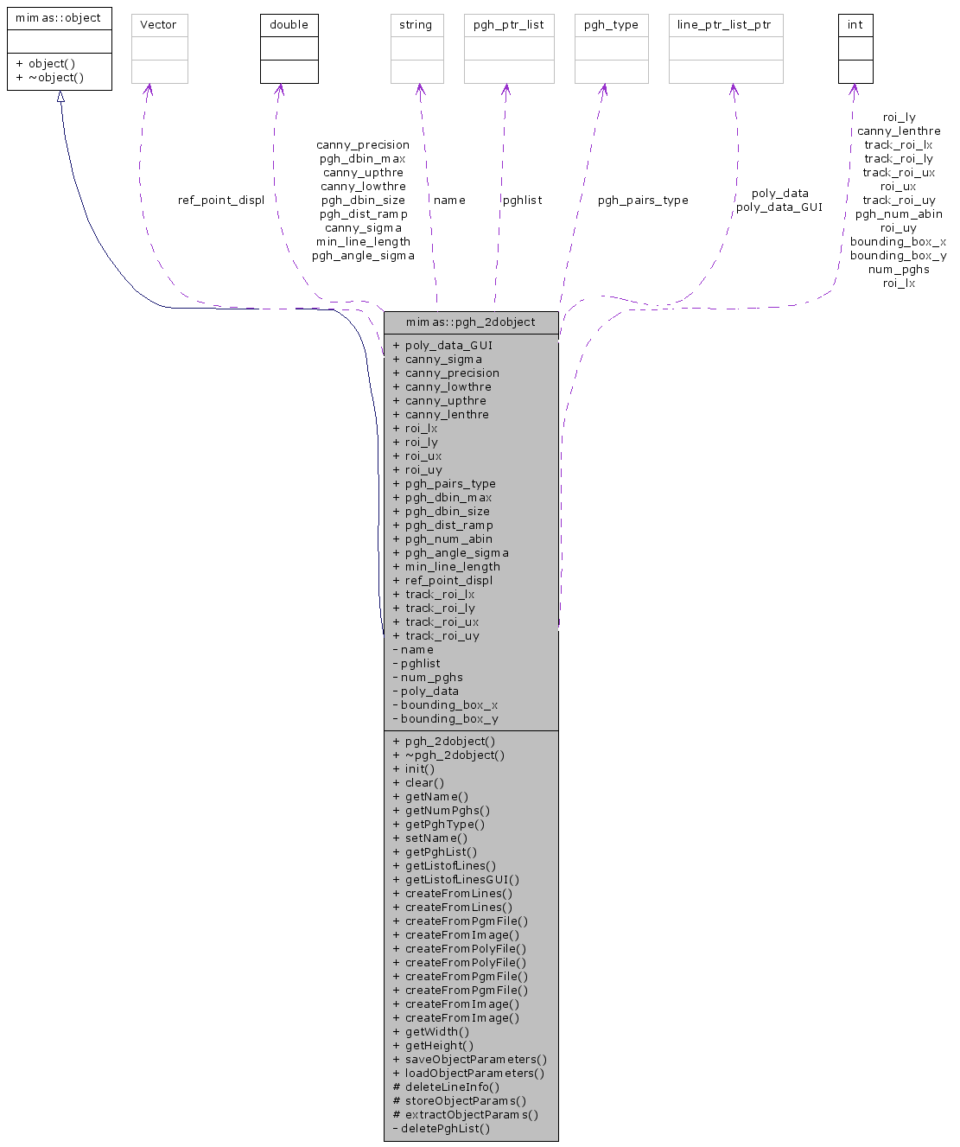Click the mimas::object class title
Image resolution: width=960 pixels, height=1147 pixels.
[x=59, y=18]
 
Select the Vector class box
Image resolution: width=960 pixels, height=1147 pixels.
[x=159, y=48]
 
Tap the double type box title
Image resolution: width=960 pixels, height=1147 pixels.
[x=289, y=25]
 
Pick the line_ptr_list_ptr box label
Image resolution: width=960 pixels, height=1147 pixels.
[x=725, y=25]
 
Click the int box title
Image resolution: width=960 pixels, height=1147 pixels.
[x=855, y=25]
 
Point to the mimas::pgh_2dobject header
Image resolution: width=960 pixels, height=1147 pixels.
[x=471, y=322]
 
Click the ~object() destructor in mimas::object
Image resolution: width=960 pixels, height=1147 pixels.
[x=49, y=78]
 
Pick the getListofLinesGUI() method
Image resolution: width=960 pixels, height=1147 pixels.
[x=461, y=880]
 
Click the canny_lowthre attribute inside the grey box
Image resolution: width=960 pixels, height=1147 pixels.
[x=448, y=387]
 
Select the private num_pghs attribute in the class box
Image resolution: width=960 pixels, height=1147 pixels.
[x=431, y=678]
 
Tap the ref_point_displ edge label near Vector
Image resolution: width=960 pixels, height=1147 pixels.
[x=221, y=201]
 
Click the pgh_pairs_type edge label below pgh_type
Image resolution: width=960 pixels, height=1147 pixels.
[x=643, y=201]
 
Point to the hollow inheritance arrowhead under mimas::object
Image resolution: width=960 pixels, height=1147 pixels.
[x=60, y=97]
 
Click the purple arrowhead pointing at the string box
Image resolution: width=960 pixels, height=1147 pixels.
[x=419, y=89]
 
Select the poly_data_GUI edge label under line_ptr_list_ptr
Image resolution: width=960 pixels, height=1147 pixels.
[x=779, y=207]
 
